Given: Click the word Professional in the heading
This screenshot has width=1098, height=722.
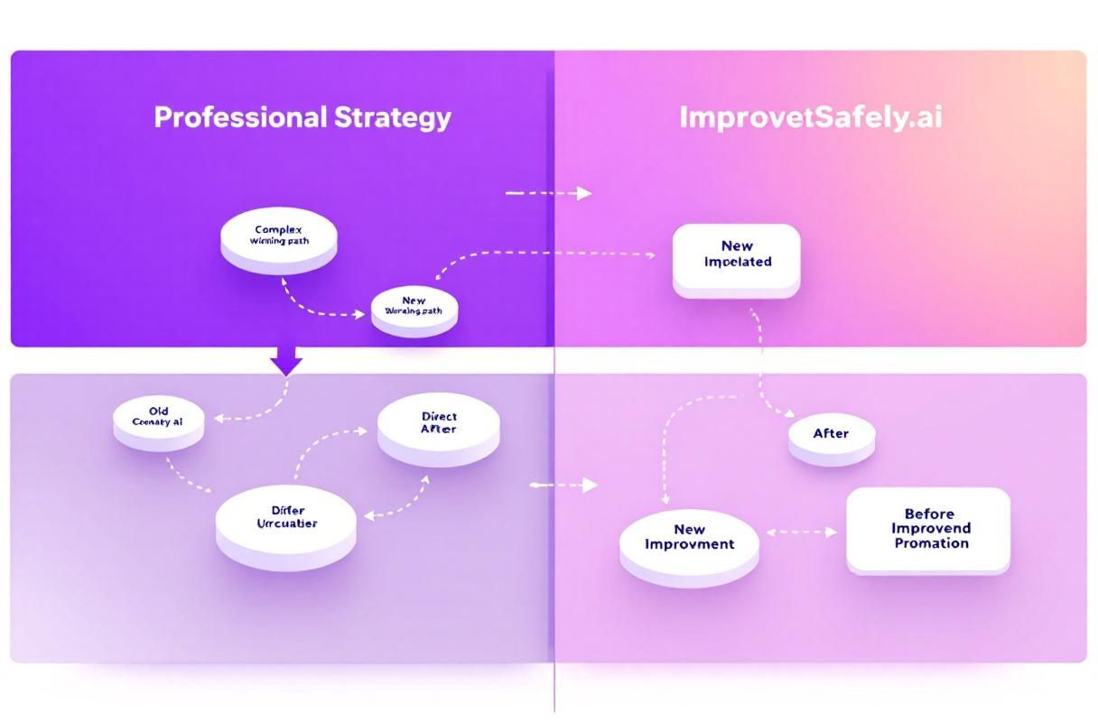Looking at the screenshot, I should click(239, 117).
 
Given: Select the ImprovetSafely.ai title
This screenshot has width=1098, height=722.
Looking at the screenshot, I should click(810, 118).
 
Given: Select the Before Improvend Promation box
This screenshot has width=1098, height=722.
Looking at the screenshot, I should click(928, 529).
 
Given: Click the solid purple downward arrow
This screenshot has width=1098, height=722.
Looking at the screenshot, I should click(286, 361).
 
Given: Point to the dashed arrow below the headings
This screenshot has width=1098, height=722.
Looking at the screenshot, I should click(547, 193).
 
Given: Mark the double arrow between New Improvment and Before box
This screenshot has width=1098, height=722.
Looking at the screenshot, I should click(802, 532).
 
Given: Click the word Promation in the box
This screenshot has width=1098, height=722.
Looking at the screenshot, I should click(931, 543).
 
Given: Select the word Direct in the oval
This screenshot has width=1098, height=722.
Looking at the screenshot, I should click(439, 417).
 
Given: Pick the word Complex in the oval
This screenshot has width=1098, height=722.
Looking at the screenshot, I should click(278, 230).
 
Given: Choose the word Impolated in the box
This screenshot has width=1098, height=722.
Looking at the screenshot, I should click(737, 262).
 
